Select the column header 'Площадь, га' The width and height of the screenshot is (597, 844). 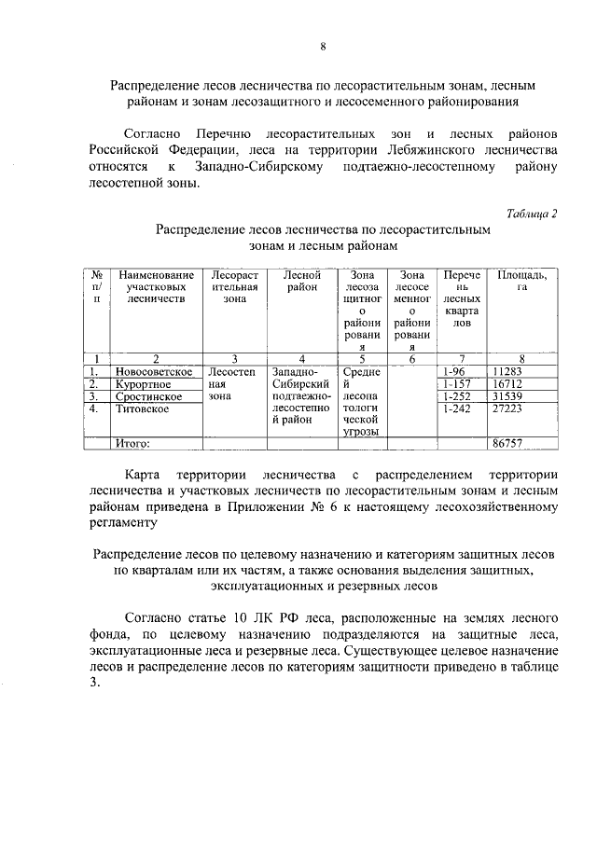[521, 281]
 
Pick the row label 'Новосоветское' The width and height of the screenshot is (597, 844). [152, 370]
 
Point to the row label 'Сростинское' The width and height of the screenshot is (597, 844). [147, 396]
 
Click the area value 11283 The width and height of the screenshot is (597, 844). [508, 370]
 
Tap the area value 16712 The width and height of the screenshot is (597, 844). [508, 383]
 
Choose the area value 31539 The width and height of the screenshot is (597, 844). [508, 396]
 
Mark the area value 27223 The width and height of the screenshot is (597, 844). [508, 408]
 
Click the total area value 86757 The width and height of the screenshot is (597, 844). [508, 443]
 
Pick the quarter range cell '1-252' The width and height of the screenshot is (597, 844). [459, 396]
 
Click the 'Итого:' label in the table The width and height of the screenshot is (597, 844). [132, 443]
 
